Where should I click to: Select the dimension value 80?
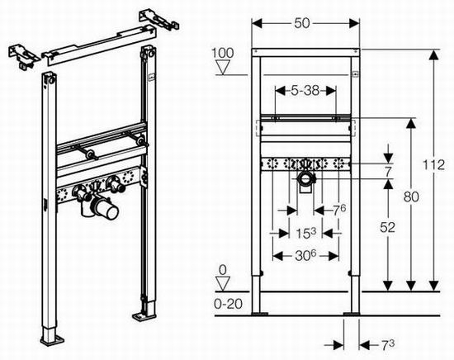pyautogui.click(x=410, y=197)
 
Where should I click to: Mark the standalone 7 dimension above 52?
pyautogui.click(x=388, y=170)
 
